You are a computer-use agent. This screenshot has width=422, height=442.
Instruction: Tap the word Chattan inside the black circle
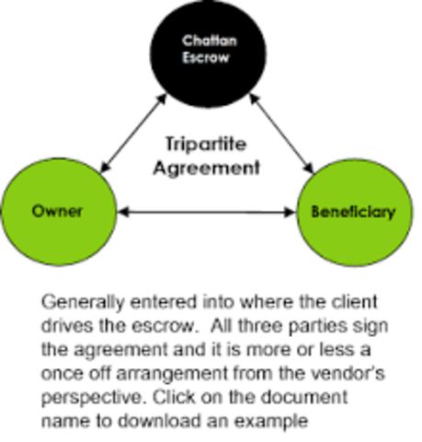point(211,42)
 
